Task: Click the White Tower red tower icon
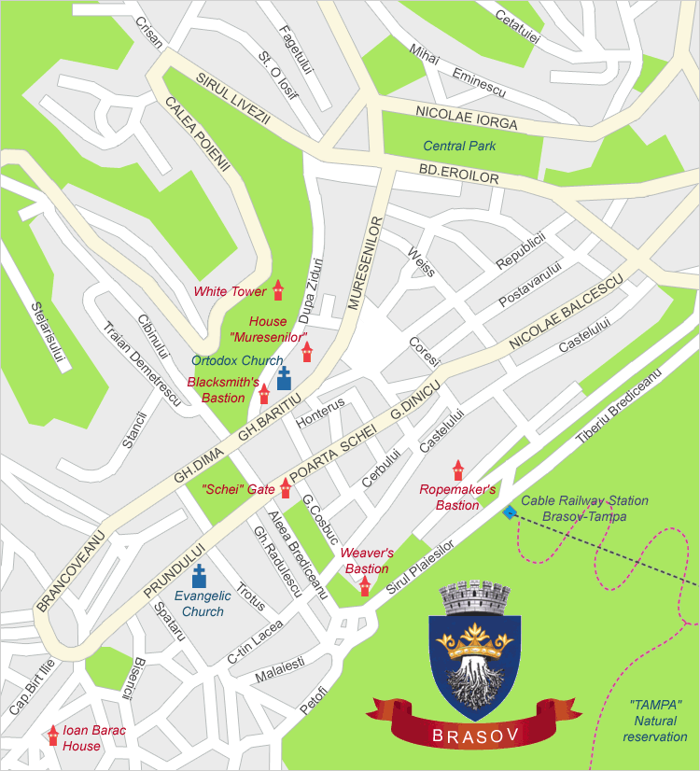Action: (277, 290)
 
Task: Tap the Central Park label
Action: (459, 146)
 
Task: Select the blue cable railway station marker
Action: (509, 512)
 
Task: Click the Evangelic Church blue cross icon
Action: (199, 576)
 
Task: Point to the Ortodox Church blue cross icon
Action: (284, 377)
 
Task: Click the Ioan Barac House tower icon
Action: (53, 736)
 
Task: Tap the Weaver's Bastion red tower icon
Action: (365, 585)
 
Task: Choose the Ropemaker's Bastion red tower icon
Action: (457, 470)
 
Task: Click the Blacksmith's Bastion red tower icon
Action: (264, 394)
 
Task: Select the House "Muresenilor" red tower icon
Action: (307, 352)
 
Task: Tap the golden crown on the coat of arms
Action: (477, 643)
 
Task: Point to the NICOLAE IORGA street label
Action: (466, 118)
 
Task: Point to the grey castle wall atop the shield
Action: (477, 597)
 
